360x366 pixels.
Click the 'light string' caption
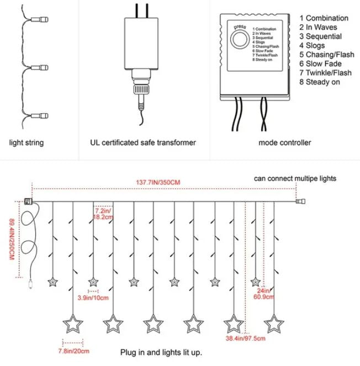(27, 142)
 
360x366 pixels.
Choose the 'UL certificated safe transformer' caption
(142, 142)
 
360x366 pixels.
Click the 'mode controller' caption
(284, 142)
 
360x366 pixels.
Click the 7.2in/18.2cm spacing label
(103, 214)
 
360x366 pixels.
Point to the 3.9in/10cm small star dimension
(93, 298)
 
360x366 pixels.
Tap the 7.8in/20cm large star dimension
(73, 350)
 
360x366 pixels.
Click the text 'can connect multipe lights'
(295, 178)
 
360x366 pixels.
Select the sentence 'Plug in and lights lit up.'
(161, 352)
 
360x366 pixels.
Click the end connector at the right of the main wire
(300, 202)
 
